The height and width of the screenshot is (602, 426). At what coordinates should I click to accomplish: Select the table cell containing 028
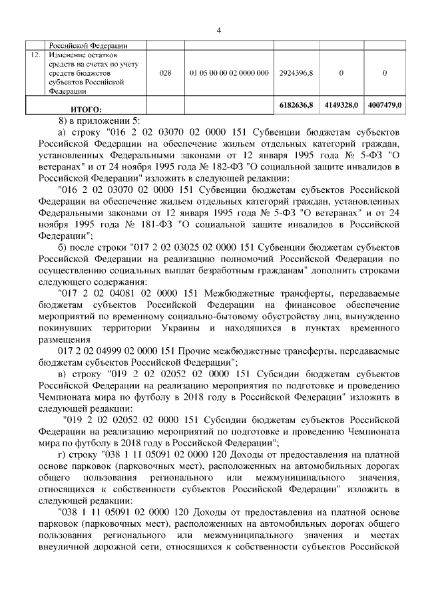pyautogui.click(x=166, y=73)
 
